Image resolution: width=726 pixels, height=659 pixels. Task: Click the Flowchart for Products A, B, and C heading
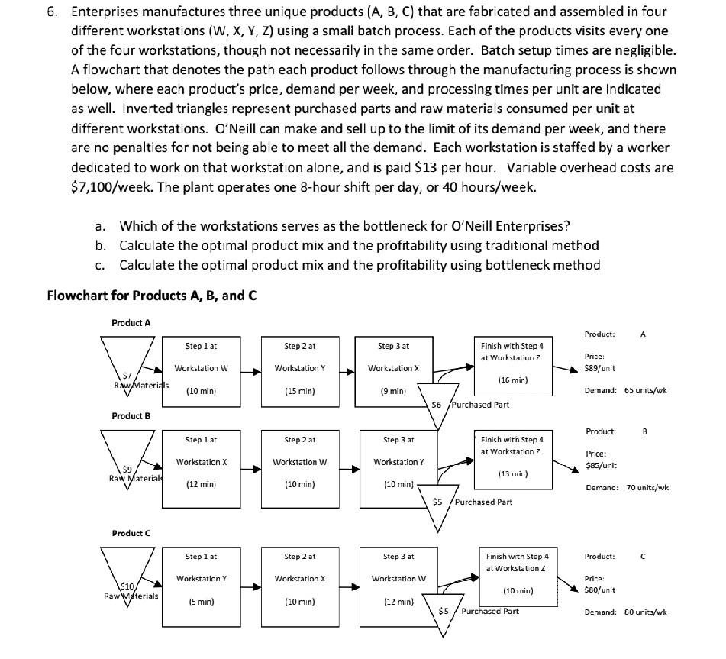[x=151, y=295]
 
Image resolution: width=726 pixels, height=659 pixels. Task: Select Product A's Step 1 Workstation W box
[x=201, y=368]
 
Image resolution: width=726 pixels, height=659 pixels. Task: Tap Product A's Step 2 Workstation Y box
[x=299, y=368]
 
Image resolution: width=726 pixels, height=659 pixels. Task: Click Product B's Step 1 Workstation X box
[x=201, y=462]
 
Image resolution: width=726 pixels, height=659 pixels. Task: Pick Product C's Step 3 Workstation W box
[x=398, y=578]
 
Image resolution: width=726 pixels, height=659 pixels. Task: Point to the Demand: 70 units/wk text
[x=627, y=487]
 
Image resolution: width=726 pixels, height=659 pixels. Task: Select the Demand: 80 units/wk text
[x=625, y=612]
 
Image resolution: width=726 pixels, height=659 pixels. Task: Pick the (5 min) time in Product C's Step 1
[x=201, y=602]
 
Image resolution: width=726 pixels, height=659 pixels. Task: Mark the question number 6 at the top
[x=51, y=11]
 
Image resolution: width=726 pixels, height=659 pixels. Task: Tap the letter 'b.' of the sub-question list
[x=101, y=245]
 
